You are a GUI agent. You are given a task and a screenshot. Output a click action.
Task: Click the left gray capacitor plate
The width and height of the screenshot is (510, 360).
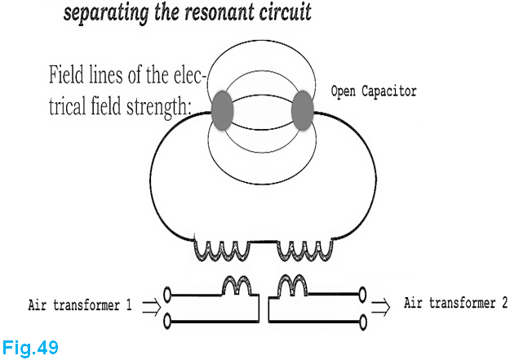222,112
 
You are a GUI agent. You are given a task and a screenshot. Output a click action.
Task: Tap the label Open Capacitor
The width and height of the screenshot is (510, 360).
373,91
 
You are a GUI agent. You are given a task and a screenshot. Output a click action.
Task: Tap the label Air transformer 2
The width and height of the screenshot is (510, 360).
455,304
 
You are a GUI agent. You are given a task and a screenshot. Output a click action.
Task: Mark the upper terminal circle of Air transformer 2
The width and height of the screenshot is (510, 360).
364,292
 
